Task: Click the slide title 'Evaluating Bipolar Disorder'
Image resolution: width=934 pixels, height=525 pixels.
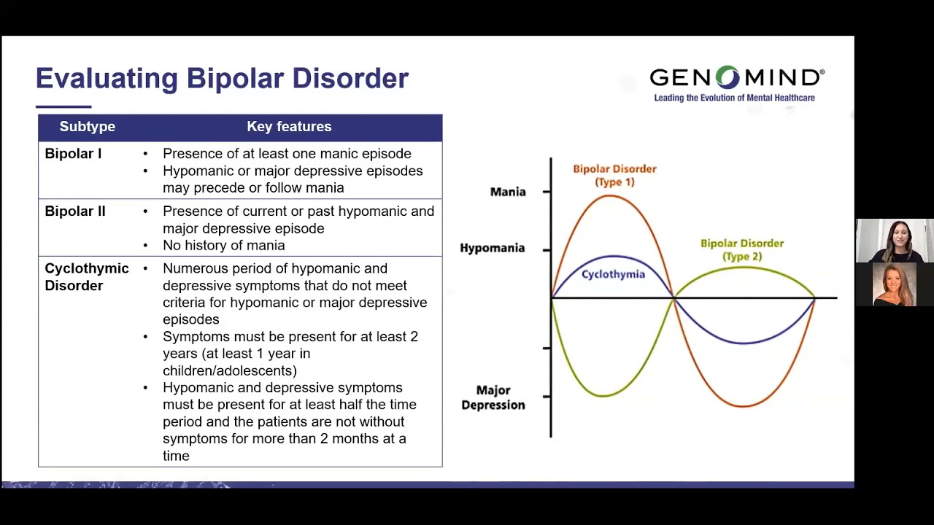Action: click(222, 78)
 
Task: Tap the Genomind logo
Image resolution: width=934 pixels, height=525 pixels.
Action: click(736, 77)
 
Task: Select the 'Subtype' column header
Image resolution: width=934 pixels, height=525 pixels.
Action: click(87, 127)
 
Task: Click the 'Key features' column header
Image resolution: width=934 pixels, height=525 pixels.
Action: click(289, 127)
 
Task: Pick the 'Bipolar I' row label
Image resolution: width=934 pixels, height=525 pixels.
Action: click(73, 154)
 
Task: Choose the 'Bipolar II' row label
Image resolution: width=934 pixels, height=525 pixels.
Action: click(75, 211)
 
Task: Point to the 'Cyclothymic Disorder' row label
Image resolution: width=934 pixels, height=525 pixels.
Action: click(86, 277)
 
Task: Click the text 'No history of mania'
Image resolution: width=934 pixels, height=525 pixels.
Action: click(223, 246)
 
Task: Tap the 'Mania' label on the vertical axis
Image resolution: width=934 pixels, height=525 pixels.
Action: click(508, 192)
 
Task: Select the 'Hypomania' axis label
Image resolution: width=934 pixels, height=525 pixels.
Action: click(492, 248)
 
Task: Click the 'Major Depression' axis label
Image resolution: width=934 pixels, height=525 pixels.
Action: click(493, 397)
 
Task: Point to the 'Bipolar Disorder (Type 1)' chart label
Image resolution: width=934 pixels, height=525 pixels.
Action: click(614, 175)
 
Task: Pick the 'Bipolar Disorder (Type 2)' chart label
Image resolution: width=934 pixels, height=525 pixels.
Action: click(741, 249)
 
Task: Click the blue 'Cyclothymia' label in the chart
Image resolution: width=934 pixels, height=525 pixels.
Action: click(613, 274)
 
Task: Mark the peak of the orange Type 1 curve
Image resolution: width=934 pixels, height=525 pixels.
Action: click(611, 195)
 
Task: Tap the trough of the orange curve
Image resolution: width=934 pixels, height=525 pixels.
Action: click(743, 406)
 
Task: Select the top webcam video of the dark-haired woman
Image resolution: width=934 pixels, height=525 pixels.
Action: click(894, 241)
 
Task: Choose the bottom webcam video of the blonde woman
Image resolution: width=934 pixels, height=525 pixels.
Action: click(894, 284)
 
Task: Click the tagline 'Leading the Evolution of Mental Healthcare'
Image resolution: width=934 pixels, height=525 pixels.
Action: click(734, 98)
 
